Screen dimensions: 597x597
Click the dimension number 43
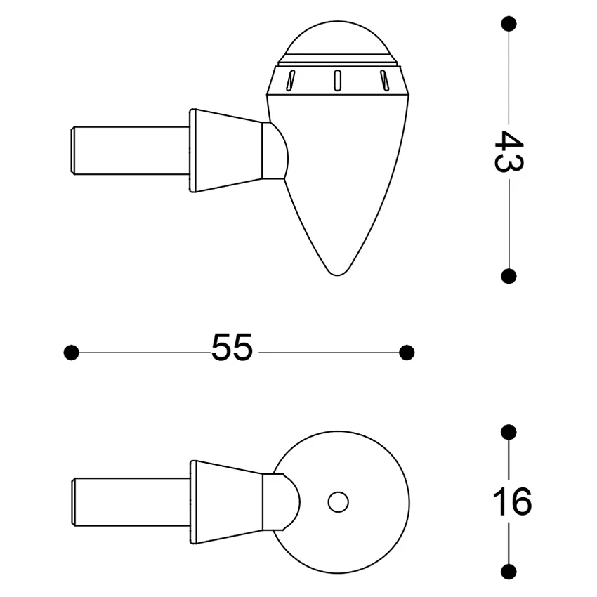[x=508, y=150]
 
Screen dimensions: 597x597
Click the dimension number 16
[x=511, y=501]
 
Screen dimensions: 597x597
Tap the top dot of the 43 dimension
[x=509, y=24]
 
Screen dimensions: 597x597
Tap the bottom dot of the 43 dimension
[x=509, y=275]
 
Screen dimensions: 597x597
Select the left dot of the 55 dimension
[x=71, y=352]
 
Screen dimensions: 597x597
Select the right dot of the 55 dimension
[x=407, y=352]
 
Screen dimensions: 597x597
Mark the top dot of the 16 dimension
[x=509, y=431]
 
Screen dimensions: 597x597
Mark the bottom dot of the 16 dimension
[x=509, y=570]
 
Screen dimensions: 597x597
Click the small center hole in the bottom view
[x=339, y=502]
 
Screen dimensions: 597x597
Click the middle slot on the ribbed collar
[x=337, y=79]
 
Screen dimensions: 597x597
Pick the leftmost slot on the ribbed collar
[x=290, y=79]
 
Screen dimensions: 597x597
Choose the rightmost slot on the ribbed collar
[x=383, y=79]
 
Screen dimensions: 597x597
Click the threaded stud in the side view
[x=130, y=150]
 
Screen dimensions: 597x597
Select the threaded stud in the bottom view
[x=130, y=501]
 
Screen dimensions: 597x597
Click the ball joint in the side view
[x=275, y=150]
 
